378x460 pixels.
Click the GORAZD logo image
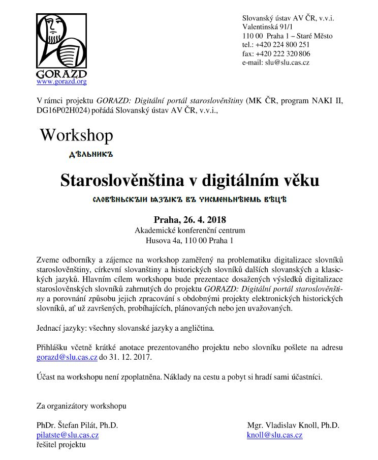click(x=61, y=46)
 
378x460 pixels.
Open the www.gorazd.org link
click(x=61, y=81)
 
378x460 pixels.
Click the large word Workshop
click(x=76, y=135)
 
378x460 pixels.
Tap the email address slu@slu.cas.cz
click(x=287, y=63)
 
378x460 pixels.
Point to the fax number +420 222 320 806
click(x=283, y=53)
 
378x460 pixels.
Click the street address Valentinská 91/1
click(x=268, y=27)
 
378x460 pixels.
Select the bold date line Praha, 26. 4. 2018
click(x=190, y=220)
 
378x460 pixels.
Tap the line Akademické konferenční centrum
click(x=190, y=231)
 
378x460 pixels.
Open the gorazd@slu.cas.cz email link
click(x=67, y=357)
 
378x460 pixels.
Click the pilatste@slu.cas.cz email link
click(x=68, y=435)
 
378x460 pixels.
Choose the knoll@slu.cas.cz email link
click(x=274, y=435)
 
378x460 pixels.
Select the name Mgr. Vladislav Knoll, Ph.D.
click(x=293, y=425)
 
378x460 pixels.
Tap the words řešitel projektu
click(x=61, y=445)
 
